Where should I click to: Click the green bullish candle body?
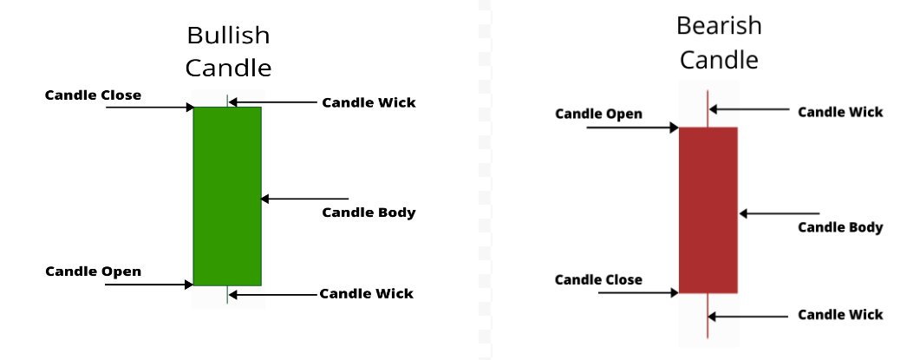pyautogui.click(x=227, y=196)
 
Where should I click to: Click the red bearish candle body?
pyautogui.click(x=708, y=210)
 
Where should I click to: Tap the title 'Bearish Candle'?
pyautogui.click(x=719, y=43)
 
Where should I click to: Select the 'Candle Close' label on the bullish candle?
pyautogui.click(x=93, y=95)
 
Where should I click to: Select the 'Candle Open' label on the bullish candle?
pyautogui.click(x=93, y=272)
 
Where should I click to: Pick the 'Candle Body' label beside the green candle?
pyautogui.click(x=369, y=213)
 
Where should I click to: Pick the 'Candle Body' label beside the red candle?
pyautogui.click(x=839, y=227)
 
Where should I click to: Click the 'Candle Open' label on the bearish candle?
pyautogui.click(x=598, y=114)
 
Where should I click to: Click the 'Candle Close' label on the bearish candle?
pyautogui.click(x=598, y=279)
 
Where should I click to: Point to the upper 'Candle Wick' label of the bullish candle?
pyautogui.click(x=369, y=102)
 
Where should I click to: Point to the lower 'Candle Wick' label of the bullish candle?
pyautogui.click(x=366, y=293)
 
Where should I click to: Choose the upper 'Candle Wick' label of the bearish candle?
pyautogui.click(x=839, y=112)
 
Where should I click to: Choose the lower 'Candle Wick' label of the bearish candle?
pyautogui.click(x=839, y=314)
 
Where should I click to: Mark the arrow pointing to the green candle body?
pyautogui.click(x=303, y=199)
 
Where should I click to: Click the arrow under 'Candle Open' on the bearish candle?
pyautogui.click(x=632, y=128)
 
